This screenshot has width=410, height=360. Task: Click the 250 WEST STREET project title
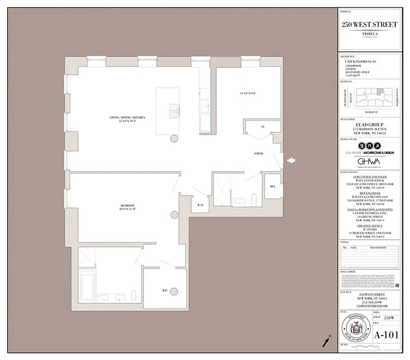(x=369, y=24)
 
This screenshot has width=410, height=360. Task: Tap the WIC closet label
(x=165, y=291)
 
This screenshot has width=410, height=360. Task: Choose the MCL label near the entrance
(x=272, y=186)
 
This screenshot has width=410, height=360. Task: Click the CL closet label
(x=263, y=127)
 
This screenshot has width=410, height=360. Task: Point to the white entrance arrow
(x=292, y=160)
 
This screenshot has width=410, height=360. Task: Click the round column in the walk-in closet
(x=174, y=291)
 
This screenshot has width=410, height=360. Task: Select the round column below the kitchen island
(x=174, y=140)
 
